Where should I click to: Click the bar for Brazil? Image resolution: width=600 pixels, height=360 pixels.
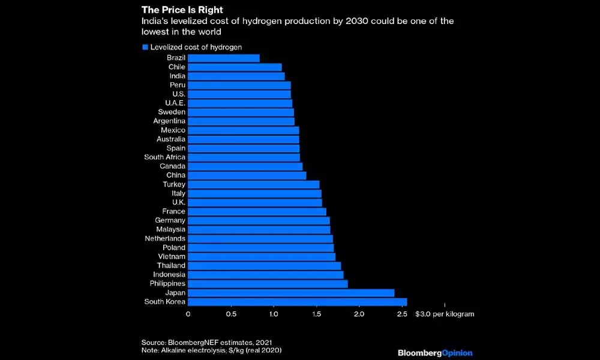[224, 58]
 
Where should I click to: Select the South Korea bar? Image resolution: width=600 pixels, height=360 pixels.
[298, 301]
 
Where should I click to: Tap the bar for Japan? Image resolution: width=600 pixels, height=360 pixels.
[291, 292]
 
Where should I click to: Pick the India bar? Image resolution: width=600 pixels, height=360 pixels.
[236, 76]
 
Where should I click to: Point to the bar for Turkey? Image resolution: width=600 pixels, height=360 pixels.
[254, 184]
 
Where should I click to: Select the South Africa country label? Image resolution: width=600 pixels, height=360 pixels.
[165, 157]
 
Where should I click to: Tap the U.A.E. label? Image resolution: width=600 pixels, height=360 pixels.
[175, 103]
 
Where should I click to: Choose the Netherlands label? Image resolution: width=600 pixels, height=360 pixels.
[165, 238]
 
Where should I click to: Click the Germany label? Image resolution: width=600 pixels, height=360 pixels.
[170, 220]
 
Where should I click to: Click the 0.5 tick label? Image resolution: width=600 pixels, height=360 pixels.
[231, 314]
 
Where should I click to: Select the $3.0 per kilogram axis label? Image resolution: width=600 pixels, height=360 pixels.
[440, 314]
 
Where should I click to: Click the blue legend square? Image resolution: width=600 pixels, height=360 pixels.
[145, 47]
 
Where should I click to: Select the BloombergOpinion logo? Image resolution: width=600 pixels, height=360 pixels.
[435, 353]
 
